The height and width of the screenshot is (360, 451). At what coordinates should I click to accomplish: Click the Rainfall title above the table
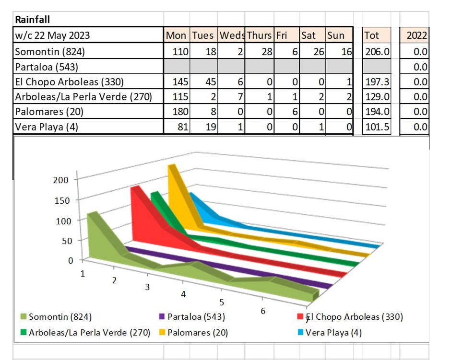coord(33,20)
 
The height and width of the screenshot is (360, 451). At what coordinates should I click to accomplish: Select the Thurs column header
coord(259,35)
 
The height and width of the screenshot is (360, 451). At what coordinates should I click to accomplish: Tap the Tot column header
coord(372,35)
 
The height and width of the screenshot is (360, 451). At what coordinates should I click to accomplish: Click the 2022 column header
coord(416,35)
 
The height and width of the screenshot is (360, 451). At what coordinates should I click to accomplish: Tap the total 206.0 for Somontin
coord(377,52)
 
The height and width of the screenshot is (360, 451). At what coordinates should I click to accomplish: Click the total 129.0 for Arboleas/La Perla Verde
coord(377,97)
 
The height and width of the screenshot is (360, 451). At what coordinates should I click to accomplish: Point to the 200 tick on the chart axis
coord(61,180)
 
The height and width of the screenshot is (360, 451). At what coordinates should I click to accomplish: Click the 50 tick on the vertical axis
coord(63,241)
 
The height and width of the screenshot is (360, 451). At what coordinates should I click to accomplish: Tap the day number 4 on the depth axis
coord(183,294)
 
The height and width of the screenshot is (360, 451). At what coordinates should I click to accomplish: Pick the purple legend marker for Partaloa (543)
coord(162,317)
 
